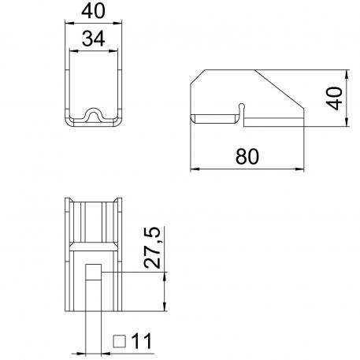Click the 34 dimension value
[x=94, y=39]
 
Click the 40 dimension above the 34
[x=94, y=13]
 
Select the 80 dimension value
[x=247, y=156]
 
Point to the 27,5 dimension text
[x=154, y=247]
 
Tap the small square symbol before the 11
[x=121, y=341]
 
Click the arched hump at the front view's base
[x=94, y=115]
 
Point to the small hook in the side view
[x=243, y=107]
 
